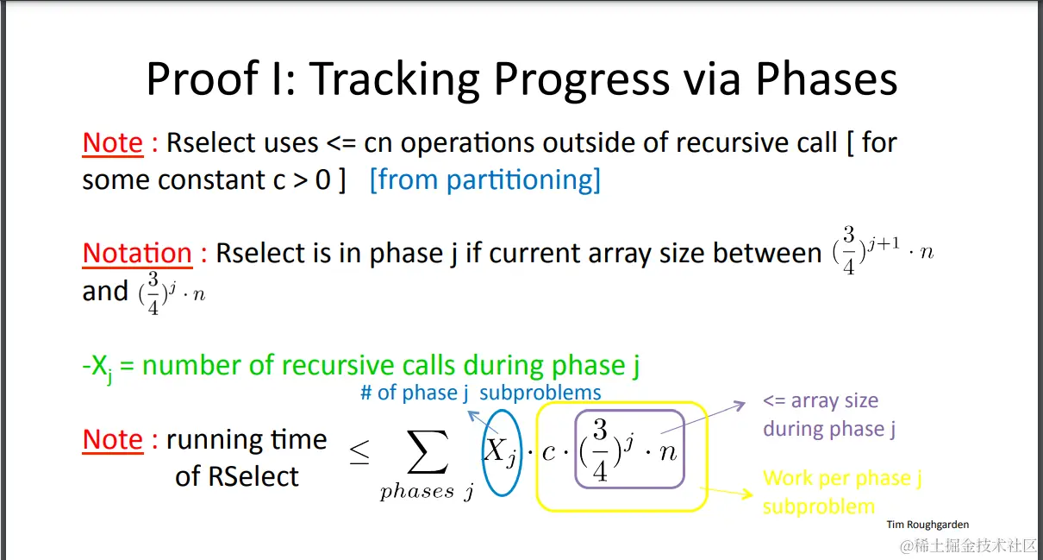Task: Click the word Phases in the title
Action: click(826, 79)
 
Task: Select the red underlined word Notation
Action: click(137, 253)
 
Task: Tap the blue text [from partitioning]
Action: click(484, 180)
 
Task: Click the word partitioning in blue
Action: click(519, 180)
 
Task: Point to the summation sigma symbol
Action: click(428, 451)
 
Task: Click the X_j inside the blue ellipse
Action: click(500, 452)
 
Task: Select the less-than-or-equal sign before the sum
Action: click(359, 452)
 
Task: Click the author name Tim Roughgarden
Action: click(927, 525)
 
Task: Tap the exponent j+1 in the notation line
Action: click(884, 243)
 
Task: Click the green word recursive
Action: click(340, 365)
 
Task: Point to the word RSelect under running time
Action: click(253, 476)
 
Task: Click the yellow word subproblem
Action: click(819, 507)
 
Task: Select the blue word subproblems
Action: click(540, 393)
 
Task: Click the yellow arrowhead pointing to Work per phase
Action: click(747, 494)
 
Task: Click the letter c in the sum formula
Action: click(548, 452)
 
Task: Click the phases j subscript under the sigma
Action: click(428, 492)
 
